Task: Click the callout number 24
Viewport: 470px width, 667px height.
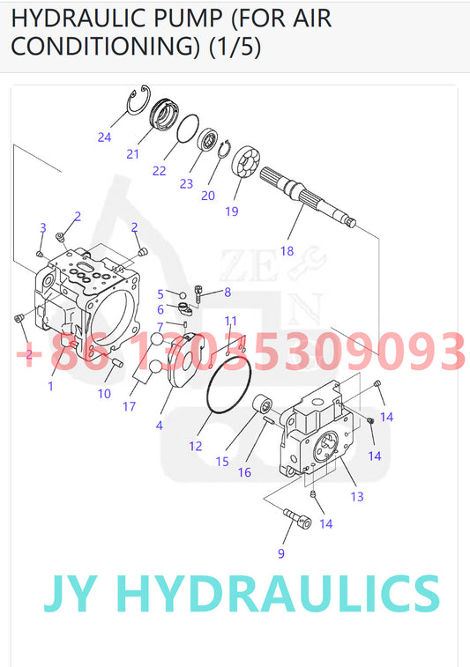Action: [x=105, y=137]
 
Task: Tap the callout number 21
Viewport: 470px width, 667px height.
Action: [x=133, y=153]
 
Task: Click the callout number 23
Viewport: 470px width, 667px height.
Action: [x=186, y=183]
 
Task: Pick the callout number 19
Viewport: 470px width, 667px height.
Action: [x=232, y=211]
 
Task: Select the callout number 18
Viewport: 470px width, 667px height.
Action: [x=287, y=250]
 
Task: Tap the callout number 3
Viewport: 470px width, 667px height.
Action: [x=42, y=228]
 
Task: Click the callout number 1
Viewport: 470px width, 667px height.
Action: [x=50, y=385]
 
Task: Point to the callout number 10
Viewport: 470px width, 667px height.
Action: [x=104, y=393]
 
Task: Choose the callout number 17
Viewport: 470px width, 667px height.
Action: [x=130, y=406]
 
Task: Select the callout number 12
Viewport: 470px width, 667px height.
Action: [x=195, y=446]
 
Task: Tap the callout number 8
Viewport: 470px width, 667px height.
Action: [x=227, y=292]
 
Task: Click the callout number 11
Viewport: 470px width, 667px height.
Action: [x=230, y=320]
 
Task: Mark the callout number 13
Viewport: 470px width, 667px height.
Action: [x=357, y=496]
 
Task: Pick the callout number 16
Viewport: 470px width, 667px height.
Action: [x=244, y=471]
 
